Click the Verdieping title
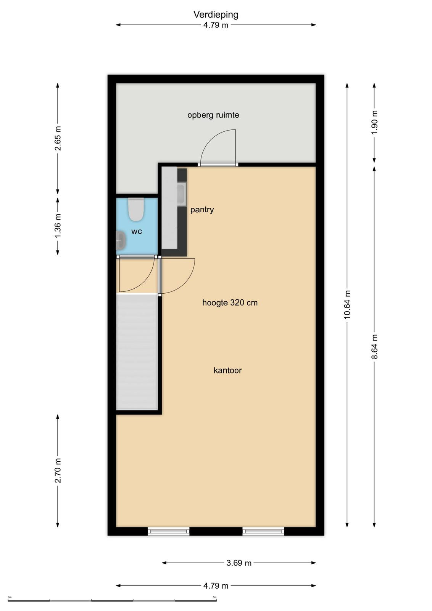[216, 15]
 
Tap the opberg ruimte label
[213, 115]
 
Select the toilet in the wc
[136, 209]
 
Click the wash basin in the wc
[121, 240]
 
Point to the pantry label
[202, 210]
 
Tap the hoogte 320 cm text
[230, 302]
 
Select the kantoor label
[227, 370]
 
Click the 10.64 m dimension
[347, 305]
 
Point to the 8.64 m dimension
[374, 346]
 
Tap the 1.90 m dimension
[374, 123]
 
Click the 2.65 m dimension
[58, 138]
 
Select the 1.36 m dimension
[58, 226]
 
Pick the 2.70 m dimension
[58, 470]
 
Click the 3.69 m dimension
[239, 563]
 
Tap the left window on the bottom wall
[168, 531]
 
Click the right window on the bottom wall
[263, 531]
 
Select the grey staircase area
[137, 352]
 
